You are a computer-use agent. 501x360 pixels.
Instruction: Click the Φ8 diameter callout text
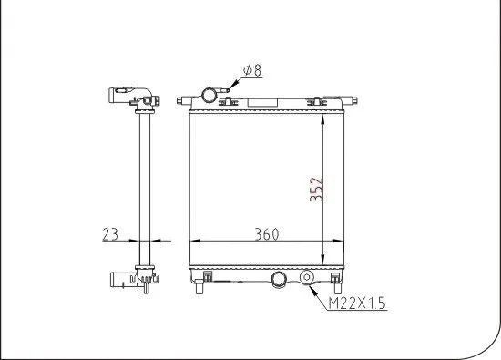click(252, 68)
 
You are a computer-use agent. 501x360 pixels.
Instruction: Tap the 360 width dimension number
click(264, 233)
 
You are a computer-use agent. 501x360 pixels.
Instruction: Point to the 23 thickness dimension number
click(110, 233)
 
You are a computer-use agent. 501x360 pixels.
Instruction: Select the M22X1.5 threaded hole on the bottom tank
click(307, 278)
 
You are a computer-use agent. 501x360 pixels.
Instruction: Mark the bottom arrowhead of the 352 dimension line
click(325, 259)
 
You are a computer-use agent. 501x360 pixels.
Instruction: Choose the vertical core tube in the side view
click(141, 182)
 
